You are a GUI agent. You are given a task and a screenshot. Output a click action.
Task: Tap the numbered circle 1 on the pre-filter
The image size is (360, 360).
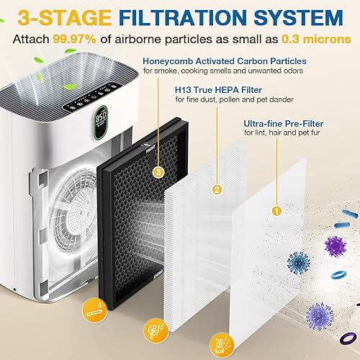pos(274,212)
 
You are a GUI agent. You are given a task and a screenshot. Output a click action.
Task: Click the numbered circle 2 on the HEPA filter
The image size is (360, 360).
pos(215,190)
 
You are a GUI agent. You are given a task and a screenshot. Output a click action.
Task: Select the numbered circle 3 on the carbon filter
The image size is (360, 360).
pos(158,172)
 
